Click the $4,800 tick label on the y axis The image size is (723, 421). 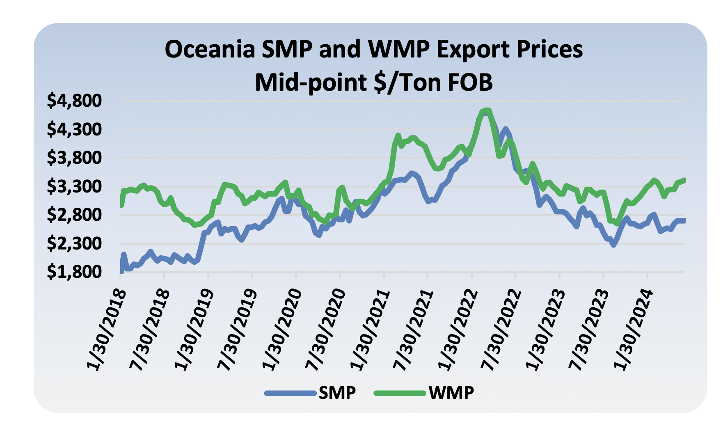tap(74, 101)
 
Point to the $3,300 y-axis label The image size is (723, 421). tap(74, 187)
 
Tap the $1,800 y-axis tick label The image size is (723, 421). tap(74, 272)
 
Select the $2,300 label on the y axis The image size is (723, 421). tap(74, 244)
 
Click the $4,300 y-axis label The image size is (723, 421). tap(74, 130)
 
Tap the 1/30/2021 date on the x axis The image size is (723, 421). tap(370, 330)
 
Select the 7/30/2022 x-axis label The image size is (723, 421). tap(502, 330)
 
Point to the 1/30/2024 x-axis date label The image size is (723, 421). tap(634, 330)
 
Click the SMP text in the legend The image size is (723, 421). tap(337, 393)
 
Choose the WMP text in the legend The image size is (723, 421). tap(451, 393)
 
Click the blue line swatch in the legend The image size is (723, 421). tap(291, 393)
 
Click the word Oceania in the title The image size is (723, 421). tap(210, 50)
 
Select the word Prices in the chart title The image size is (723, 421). tap(549, 50)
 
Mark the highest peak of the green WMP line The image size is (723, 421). tap(486, 110)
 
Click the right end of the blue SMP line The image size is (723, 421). tap(684, 221)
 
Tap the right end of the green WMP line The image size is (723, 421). tap(684, 180)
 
